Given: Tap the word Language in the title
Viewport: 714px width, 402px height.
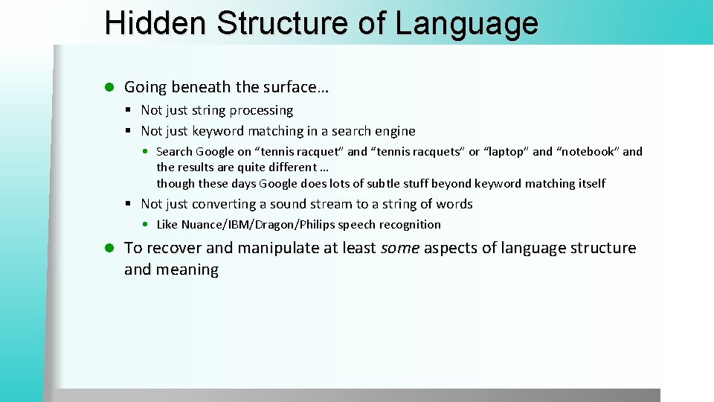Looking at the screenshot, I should point(466,23).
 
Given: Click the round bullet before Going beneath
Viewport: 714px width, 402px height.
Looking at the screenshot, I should point(109,88).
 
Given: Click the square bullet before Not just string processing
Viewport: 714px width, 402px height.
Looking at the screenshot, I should point(129,110).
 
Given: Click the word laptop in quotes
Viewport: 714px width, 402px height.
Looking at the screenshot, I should point(508,151).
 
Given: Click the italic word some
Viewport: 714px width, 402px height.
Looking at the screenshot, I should point(399,248).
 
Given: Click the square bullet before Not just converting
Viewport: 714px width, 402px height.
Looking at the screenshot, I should point(129,204).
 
